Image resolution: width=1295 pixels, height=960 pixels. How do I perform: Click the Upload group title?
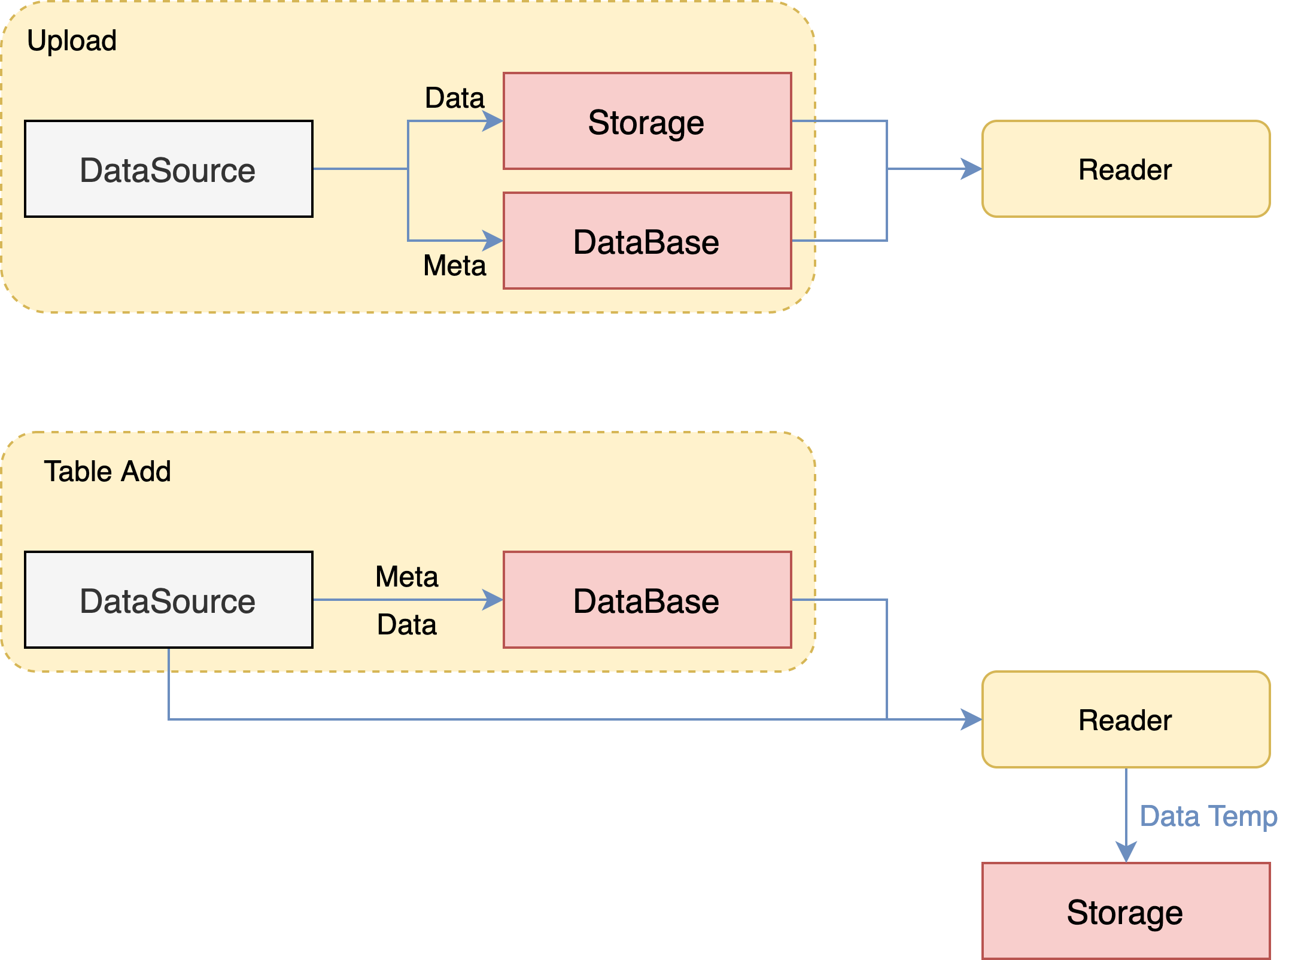tap(72, 41)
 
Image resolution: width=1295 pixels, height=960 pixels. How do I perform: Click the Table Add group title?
tap(107, 472)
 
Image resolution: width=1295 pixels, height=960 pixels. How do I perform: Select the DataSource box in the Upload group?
tap(168, 169)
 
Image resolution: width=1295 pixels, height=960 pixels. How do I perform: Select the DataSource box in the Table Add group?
tap(168, 600)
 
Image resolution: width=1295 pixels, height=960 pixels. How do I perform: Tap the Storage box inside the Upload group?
tap(647, 121)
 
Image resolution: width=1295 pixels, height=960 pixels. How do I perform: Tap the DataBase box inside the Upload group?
tap(647, 241)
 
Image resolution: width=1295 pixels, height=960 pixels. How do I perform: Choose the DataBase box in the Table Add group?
tap(647, 600)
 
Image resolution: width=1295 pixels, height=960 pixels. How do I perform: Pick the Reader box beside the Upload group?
tap(1126, 169)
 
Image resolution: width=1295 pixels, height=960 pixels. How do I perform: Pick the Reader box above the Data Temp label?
tap(1126, 720)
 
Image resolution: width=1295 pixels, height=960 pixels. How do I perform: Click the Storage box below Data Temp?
tap(1126, 912)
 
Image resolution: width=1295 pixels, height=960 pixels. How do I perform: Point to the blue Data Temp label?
tap(1208, 816)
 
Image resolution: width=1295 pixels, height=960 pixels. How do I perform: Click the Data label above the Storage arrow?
tap(454, 98)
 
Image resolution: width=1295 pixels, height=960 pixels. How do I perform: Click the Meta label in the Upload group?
tap(454, 265)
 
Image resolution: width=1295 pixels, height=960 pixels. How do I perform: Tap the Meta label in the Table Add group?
tap(407, 577)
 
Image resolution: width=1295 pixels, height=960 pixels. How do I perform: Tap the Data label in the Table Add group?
tap(407, 625)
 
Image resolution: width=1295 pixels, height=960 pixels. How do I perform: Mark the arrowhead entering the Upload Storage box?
tap(493, 121)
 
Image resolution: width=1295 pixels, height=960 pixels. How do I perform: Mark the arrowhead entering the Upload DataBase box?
tap(493, 241)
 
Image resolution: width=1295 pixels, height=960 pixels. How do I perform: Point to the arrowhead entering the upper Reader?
tap(972, 169)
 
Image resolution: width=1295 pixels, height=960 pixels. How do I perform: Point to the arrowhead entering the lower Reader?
tap(972, 720)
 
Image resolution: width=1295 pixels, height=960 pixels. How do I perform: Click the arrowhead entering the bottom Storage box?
tap(1126, 852)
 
